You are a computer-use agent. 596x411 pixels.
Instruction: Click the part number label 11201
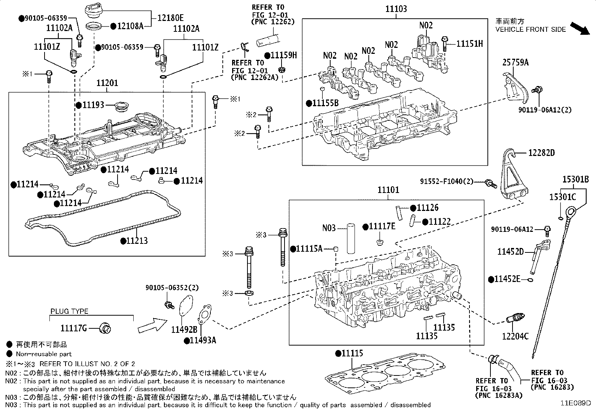(x=107, y=83)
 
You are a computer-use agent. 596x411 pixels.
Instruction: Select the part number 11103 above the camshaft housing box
(x=396, y=9)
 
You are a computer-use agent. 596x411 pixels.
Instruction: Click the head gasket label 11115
(x=352, y=353)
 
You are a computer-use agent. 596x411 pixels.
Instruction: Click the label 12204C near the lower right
(x=516, y=336)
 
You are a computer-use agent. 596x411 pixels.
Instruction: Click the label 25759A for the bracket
(x=515, y=63)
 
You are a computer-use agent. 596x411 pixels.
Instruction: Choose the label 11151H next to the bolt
(x=469, y=44)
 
